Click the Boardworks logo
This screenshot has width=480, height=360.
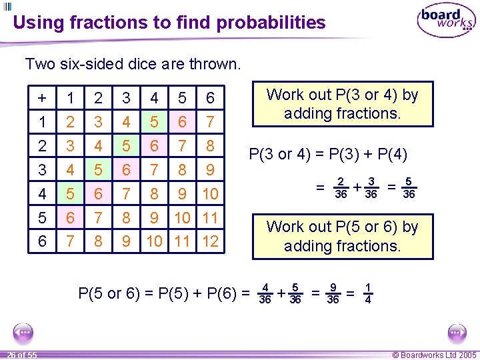(445, 21)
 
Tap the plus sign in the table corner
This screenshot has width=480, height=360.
(43, 99)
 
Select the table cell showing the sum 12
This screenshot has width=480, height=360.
(210, 241)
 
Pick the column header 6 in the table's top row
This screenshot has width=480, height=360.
(210, 99)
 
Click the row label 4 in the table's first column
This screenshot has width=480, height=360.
(43, 194)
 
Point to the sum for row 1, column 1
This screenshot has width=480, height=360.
(70, 123)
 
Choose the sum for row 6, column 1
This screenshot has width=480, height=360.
(70, 241)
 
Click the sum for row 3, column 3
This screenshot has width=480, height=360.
(126, 170)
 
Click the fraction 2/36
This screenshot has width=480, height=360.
(340, 188)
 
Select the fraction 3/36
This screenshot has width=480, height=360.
(371, 188)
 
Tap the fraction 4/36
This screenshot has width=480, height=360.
(265, 293)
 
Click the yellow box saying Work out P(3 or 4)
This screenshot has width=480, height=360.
(342, 104)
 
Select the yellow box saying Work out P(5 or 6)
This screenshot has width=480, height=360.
(342, 236)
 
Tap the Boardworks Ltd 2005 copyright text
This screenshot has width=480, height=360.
(435, 355)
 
